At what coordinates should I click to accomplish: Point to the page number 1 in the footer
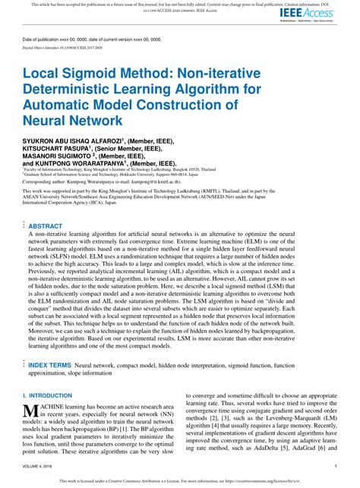[x=335, y=468]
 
